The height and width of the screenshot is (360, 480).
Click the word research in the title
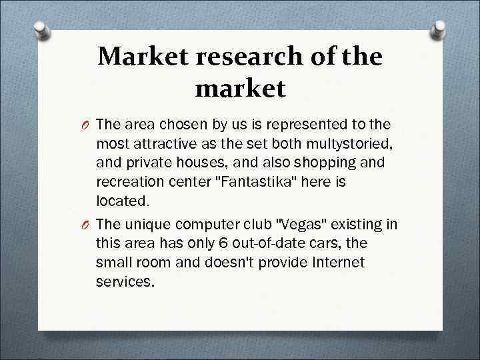pos(249,57)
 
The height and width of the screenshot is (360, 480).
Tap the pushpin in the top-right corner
pos(439,30)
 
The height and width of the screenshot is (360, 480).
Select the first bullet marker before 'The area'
pos(86,125)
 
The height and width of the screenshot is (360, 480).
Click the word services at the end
pos(124,281)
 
